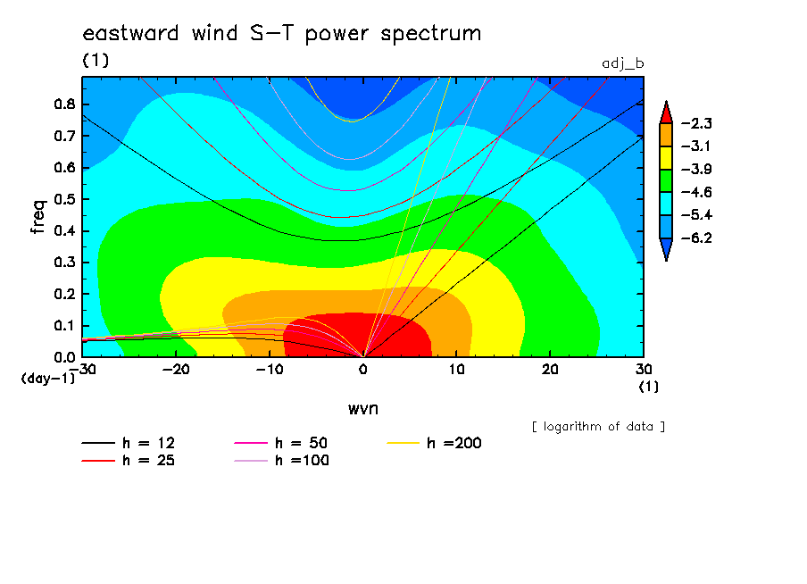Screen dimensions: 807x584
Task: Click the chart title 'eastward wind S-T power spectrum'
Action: tap(281, 34)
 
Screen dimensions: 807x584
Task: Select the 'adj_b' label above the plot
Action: tap(623, 64)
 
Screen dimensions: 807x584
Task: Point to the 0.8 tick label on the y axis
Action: tap(65, 104)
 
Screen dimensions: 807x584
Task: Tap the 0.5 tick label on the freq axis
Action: tap(65, 199)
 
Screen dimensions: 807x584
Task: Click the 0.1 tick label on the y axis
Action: tap(65, 326)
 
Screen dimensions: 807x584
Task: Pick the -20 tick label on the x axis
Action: tap(176, 370)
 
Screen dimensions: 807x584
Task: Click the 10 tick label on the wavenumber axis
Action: tap(456, 370)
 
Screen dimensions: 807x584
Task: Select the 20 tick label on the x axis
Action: tap(550, 370)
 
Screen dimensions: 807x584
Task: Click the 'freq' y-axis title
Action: tap(38, 217)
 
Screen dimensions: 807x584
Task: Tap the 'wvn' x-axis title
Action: tap(362, 409)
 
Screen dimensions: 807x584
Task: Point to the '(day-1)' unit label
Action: tap(48, 379)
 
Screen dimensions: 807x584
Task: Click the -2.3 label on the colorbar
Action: tap(696, 123)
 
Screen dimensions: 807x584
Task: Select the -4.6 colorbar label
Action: tap(696, 192)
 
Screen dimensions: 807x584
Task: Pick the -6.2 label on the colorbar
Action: tap(696, 238)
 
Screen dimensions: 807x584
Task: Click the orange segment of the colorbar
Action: tap(666, 135)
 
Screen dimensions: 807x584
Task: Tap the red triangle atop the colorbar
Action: tap(666, 114)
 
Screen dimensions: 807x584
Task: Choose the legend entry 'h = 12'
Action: tap(129, 443)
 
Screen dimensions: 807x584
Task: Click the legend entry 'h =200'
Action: tap(434, 443)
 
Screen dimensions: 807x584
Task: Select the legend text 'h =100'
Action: tap(302, 460)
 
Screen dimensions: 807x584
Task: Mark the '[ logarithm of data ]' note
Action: tap(598, 427)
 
